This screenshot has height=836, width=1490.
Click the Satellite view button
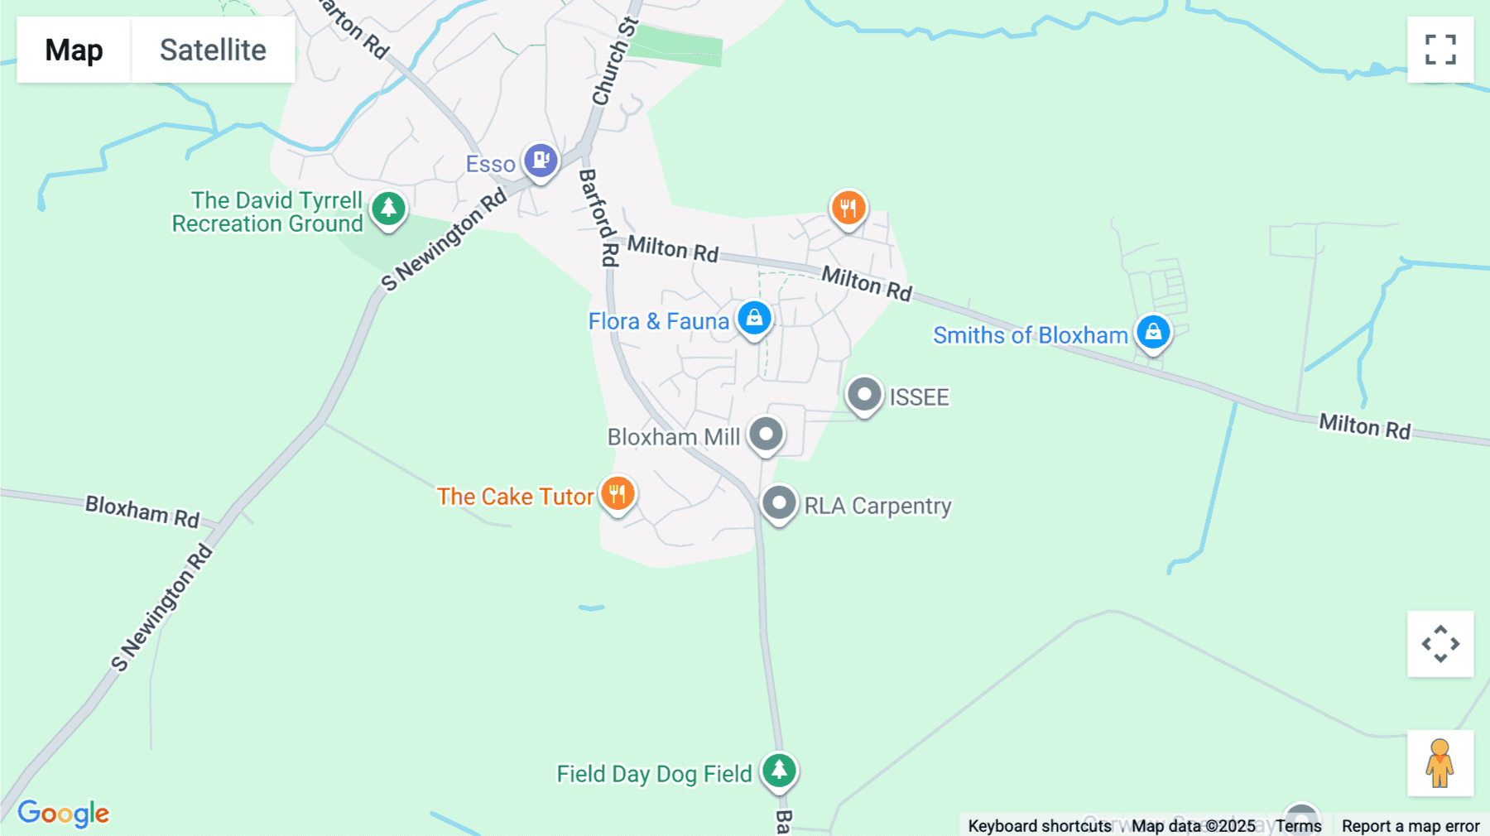213,50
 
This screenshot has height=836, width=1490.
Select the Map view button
74,50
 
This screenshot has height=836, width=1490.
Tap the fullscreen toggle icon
1440,50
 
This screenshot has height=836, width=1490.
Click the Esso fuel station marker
541,159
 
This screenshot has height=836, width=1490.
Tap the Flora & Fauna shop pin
754,318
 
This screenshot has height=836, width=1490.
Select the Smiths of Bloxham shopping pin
1153,332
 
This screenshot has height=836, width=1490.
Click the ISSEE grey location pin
864,395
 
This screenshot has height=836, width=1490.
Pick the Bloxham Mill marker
766,434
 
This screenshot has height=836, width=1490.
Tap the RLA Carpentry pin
779,502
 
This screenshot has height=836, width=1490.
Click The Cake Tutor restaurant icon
618,494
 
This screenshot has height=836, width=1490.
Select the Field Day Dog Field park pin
779,771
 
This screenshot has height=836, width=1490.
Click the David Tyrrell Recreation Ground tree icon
388,209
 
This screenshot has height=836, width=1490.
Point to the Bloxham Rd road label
142,511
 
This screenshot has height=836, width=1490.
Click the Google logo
64,813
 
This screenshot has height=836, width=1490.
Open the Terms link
1298,825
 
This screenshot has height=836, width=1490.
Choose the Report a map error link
1411,825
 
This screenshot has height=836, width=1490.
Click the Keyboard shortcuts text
1040,825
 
